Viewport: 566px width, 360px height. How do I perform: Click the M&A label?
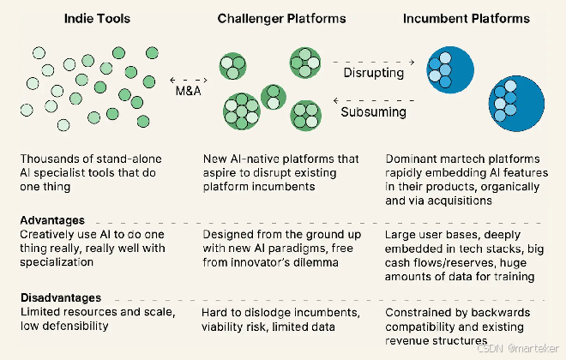pos(188,91)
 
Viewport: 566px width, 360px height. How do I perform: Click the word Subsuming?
pos(373,112)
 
